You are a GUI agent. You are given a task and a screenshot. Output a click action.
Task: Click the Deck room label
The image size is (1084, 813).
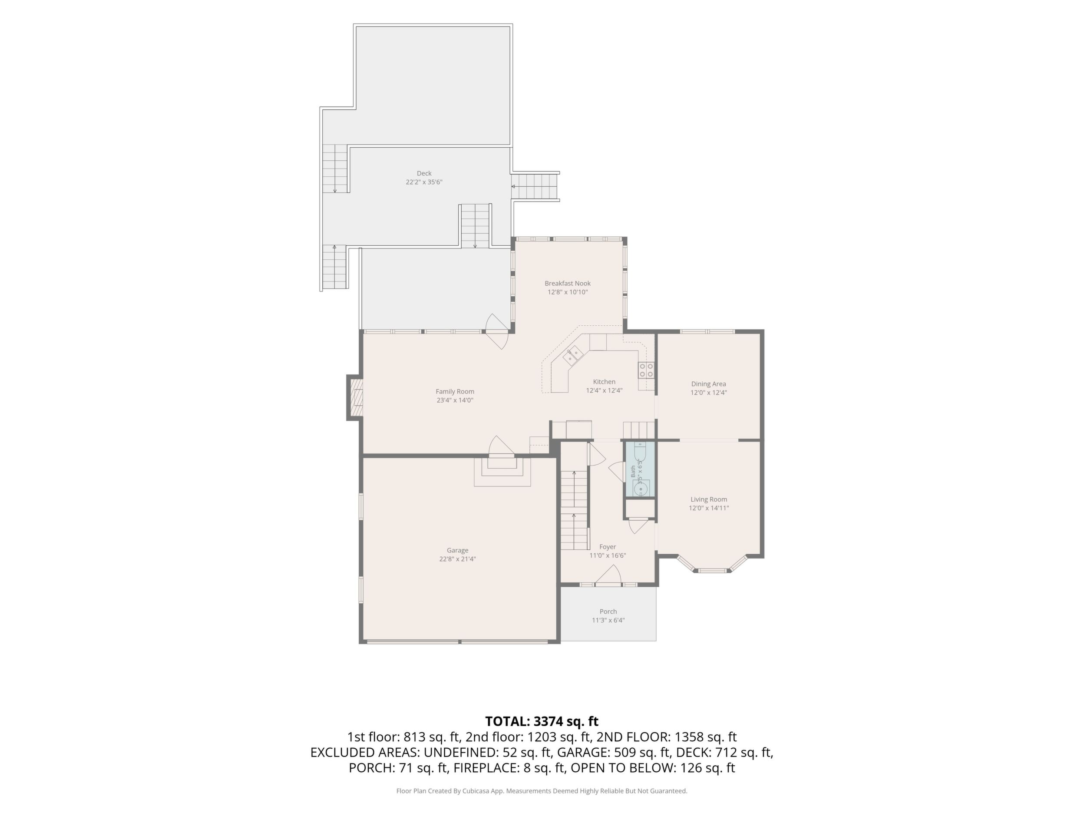424,173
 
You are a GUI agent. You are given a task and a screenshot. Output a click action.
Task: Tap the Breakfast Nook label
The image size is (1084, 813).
568,283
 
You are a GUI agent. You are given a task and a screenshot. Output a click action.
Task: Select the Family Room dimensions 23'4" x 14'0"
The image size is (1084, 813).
455,400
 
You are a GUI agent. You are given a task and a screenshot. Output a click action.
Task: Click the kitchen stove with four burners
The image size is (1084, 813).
646,370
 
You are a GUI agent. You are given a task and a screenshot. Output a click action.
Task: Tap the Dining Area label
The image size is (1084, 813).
709,384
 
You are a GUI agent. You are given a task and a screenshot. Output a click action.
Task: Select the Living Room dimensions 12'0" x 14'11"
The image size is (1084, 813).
709,508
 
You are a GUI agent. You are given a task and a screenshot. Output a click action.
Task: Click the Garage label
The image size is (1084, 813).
457,550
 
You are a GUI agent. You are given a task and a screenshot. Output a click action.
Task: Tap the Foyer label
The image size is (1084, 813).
608,547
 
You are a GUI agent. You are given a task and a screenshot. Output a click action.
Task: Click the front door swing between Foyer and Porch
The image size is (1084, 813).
608,575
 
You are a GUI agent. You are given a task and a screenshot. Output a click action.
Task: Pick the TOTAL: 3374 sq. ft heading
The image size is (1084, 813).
542,721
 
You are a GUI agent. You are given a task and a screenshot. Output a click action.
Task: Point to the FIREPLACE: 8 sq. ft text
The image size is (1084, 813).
510,768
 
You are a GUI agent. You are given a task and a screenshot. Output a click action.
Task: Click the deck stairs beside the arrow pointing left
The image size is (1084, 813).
535,187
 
